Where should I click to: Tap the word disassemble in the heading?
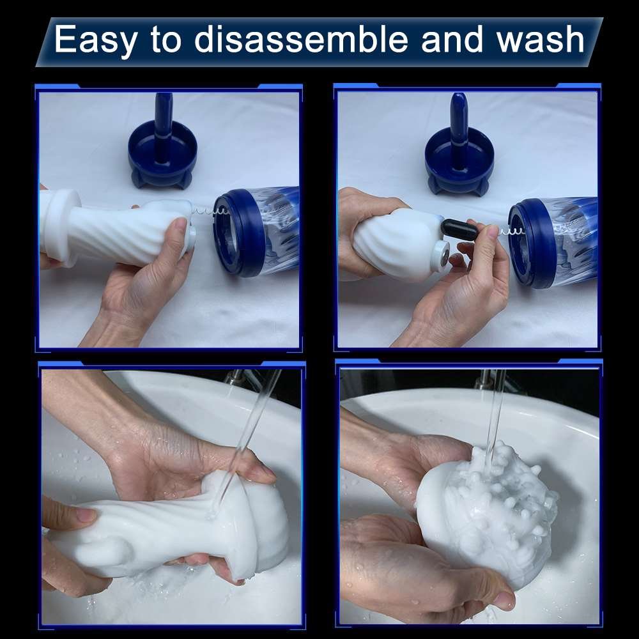301,39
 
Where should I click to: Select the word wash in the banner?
541,39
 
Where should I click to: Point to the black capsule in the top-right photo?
459,230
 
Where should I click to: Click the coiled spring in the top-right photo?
511,233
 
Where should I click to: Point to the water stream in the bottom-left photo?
245,440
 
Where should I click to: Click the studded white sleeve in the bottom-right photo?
487,516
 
